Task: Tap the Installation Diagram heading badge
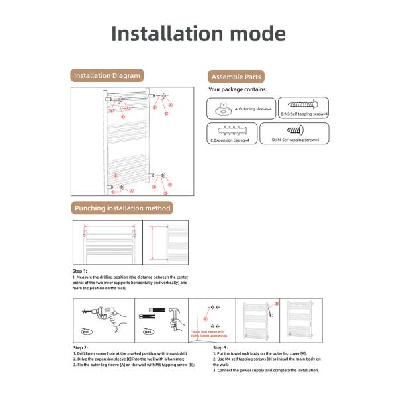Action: coord(107,76)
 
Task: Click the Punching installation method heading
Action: coord(122,208)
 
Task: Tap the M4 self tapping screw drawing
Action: coord(292,132)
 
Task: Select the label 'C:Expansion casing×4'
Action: coord(230,140)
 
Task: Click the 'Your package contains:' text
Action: coord(238,89)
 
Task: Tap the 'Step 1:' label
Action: coord(79,270)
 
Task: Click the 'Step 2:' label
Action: coord(80,347)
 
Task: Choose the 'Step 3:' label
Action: coord(220,347)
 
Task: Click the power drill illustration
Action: coord(95,314)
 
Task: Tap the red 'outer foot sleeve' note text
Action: coord(208,333)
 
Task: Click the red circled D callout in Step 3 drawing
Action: coord(277,303)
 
